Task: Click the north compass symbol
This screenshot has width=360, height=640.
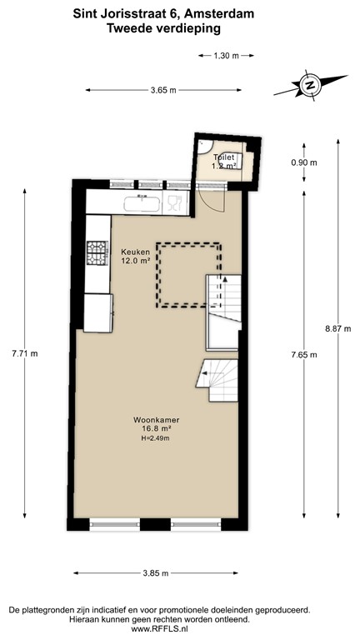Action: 310,85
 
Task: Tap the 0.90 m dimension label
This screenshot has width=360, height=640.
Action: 303,162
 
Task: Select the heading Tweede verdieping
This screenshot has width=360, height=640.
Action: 163,28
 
